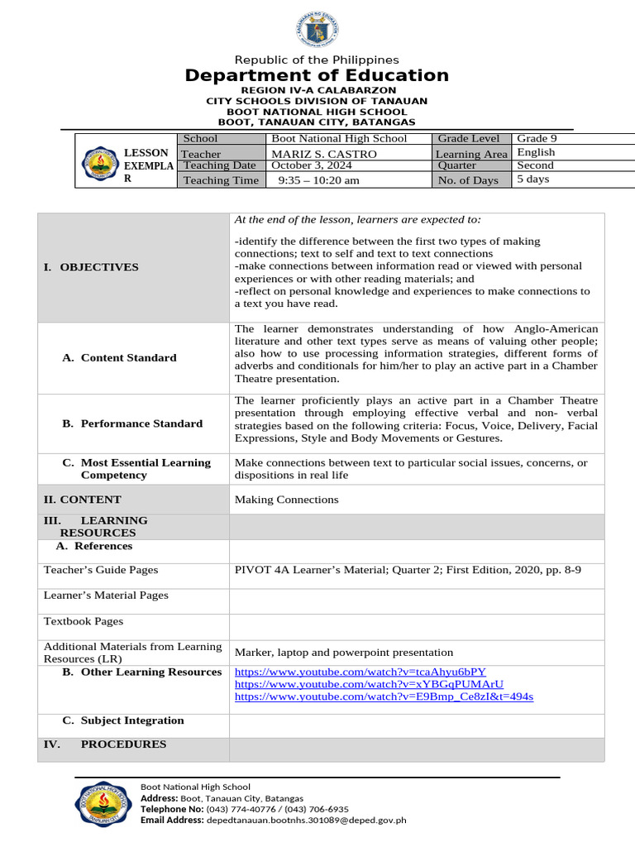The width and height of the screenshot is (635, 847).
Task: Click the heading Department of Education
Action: tap(317, 76)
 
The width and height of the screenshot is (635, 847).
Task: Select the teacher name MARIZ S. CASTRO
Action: tap(324, 154)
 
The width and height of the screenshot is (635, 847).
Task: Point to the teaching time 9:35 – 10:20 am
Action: tap(318, 180)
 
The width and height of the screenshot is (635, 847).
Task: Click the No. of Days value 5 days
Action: tap(533, 179)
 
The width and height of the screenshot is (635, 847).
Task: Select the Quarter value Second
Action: tap(535, 165)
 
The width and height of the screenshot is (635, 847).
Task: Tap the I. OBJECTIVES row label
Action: tap(91, 267)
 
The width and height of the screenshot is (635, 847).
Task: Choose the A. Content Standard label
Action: tap(120, 358)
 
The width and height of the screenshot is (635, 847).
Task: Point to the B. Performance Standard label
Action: tap(132, 423)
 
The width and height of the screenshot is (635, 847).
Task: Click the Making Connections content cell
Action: tap(287, 500)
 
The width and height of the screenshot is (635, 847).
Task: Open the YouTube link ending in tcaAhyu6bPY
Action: tap(360, 672)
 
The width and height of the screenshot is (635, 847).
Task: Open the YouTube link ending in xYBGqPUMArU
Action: tap(369, 685)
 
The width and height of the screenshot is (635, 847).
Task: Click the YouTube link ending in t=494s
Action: tap(384, 697)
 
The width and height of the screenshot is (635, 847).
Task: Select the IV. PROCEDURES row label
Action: tap(105, 744)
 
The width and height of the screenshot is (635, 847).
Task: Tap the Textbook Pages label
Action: tap(84, 621)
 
